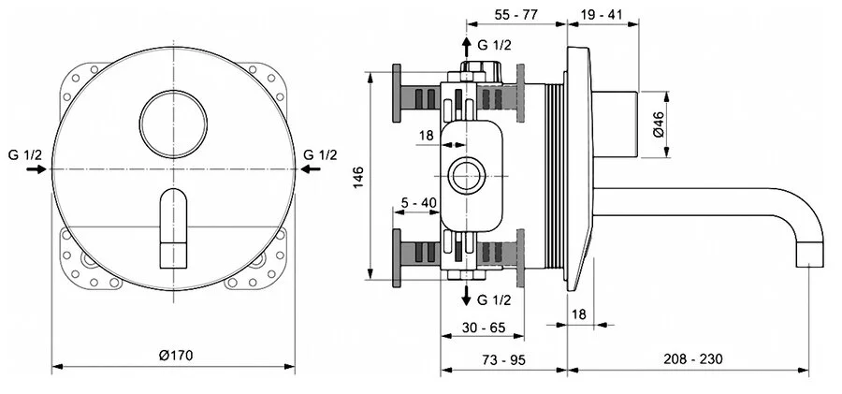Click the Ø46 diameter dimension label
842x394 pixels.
(x=659, y=124)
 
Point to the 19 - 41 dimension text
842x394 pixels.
(x=602, y=17)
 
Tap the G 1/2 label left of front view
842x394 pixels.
(x=25, y=154)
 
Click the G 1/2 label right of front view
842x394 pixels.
(x=321, y=154)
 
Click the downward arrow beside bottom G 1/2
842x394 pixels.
(x=465, y=297)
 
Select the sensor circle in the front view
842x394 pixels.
(x=175, y=118)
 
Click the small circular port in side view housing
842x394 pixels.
(x=465, y=175)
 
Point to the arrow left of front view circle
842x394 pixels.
(x=36, y=170)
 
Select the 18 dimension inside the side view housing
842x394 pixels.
(x=427, y=135)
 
